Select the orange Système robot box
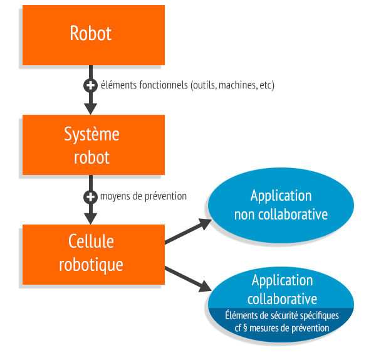pyautogui.click(x=91, y=145)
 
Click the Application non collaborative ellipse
pyautogui.click(x=281, y=205)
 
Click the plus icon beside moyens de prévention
pyautogui.click(x=90, y=196)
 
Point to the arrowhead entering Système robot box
pyautogui.click(x=90, y=107)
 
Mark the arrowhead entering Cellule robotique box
pyautogui.click(x=90, y=218)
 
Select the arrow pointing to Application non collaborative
pyautogui.click(x=188, y=231)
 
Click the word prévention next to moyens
pyautogui.click(x=165, y=196)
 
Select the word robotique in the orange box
pyautogui.click(x=91, y=264)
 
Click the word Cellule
pyautogui.click(x=91, y=242)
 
